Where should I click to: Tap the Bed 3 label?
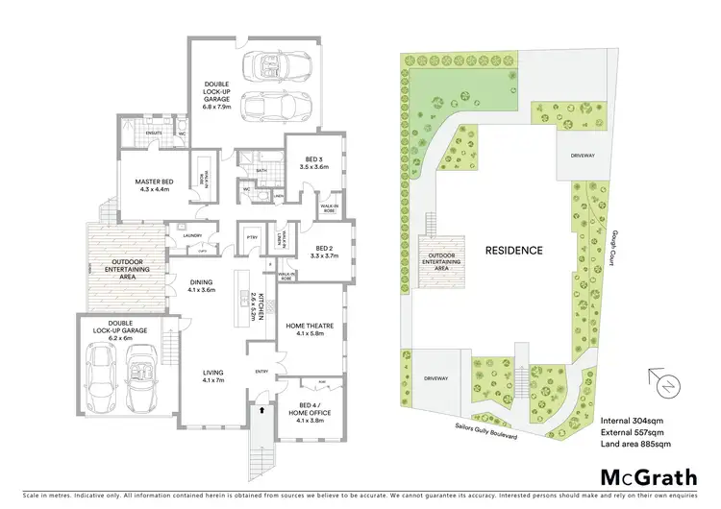pos(314,162)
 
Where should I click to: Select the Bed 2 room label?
pos(325,252)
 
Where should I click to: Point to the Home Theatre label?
pos(310,328)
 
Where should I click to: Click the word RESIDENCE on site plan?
pos(513,251)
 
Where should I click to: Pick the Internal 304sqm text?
pos(634,421)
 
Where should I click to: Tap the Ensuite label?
pos(154,132)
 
